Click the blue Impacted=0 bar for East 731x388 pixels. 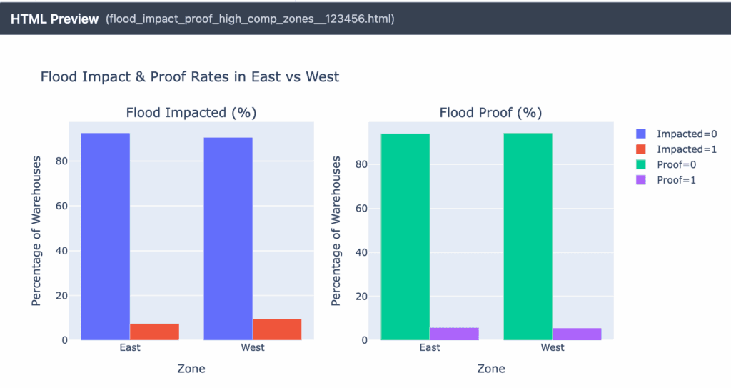pos(106,236)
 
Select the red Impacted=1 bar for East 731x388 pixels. pos(154,332)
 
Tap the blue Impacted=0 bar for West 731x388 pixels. pos(228,238)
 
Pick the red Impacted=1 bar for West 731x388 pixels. pos(277,329)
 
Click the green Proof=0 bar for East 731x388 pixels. pos(405,237)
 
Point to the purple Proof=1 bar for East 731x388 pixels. pos(454,334)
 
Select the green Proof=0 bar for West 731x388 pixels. pos(528,236)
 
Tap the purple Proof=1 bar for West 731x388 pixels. pos(577,334)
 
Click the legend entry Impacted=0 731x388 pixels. pos(678,134)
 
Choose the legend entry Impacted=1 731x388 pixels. pos(678,149)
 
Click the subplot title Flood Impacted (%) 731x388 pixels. pos(191,112)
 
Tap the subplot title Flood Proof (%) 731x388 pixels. pos(490,112)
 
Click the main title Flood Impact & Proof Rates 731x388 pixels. pos(190,76)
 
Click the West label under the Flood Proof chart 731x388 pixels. pos(553,347)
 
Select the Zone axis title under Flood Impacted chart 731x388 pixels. pos(191,369)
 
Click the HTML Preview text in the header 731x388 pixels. pos(54,19)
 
